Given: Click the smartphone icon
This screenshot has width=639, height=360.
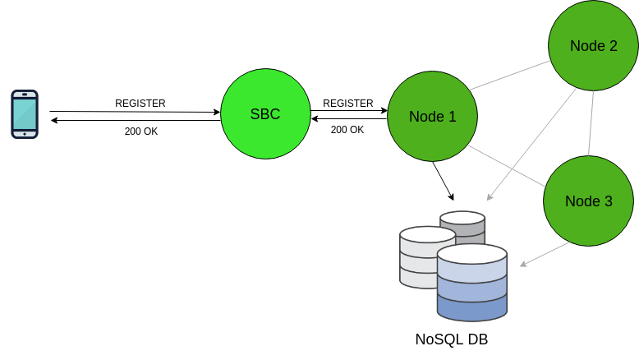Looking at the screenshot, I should point(25,114).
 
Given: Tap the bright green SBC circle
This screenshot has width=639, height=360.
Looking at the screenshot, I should point(265,114).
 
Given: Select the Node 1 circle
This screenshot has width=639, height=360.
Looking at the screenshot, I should point(432,117).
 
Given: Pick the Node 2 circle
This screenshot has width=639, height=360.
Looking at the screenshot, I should point(593,46).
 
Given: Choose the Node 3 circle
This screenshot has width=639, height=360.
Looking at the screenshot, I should point(588,201).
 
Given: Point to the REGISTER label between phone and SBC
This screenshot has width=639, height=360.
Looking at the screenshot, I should point(140,104).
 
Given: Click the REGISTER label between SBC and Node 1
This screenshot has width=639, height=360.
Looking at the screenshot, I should point(348,104).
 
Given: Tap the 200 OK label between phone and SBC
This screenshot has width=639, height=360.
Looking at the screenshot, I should point(141,132).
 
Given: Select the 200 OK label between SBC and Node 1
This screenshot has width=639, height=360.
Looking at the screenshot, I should point(347,130).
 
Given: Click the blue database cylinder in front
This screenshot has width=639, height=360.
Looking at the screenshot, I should point(471,284).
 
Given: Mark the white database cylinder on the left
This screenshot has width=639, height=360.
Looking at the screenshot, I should point(419,256).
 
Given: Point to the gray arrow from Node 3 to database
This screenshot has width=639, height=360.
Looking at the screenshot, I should point(546,254).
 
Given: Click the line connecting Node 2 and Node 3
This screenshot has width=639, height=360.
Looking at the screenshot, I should point(591,123).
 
